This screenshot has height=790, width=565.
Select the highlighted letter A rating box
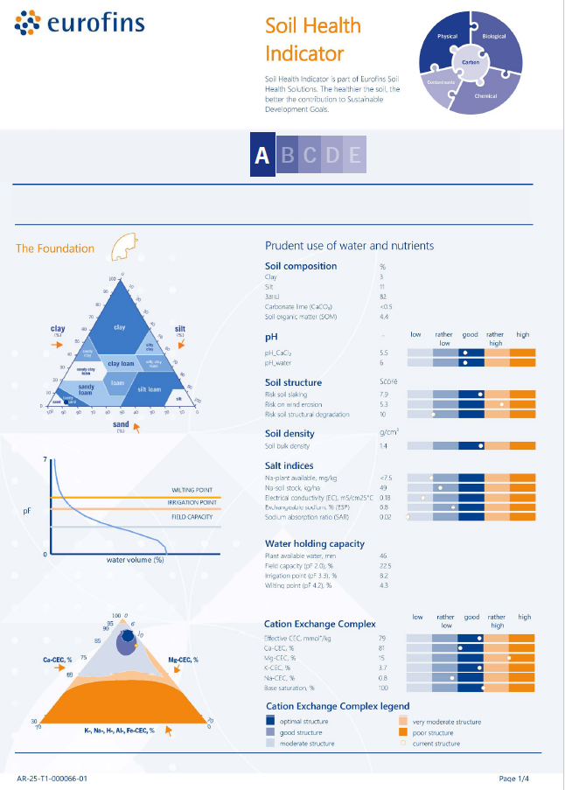coord(262,155)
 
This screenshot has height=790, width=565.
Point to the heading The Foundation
coord(55,248)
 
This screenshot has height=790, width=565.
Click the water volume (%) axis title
coord(136,559)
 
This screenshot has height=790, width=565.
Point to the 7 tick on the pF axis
coord(44,459)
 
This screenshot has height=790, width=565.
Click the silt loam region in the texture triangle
coord(148,389)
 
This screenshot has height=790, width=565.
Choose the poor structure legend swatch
coord(404,732)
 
